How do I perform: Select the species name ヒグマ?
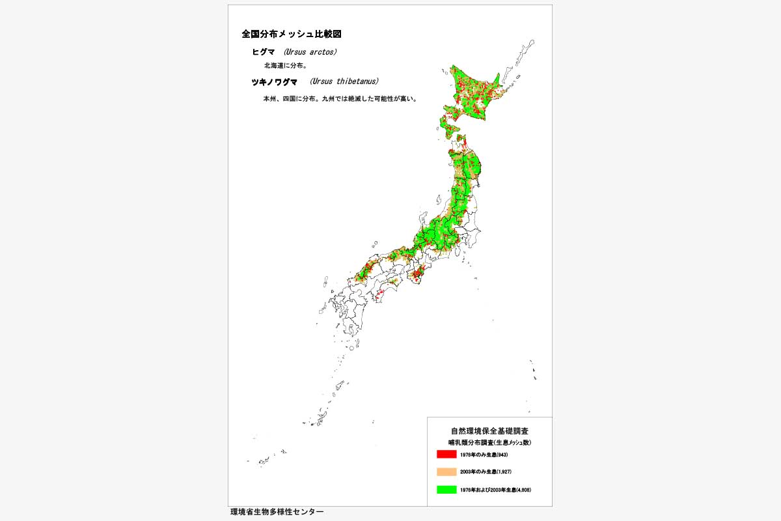[264, 52]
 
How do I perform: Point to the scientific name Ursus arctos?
[310, 52]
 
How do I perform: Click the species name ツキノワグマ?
[274, 82]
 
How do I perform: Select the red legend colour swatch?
[446, 454]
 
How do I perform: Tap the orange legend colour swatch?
[446, 472]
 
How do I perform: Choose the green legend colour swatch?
[446, 489]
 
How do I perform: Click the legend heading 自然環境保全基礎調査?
[489, 431]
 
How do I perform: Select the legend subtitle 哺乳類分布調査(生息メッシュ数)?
[489, 442]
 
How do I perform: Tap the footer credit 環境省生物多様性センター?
[277, 513]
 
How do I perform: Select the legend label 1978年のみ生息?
[476, 454]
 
